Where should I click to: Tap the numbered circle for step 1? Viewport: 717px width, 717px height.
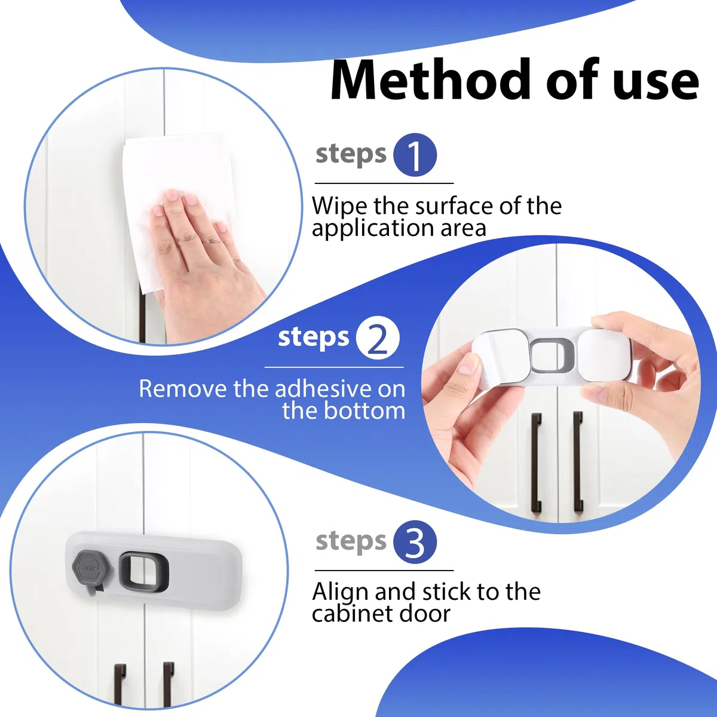pos(415,154)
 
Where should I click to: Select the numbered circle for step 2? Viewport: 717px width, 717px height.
pos(377,338)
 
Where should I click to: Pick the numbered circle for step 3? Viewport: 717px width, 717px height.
pos(415,542)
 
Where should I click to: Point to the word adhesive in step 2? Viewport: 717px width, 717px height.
pos(323,389)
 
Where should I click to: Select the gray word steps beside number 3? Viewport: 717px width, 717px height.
pos(351,541)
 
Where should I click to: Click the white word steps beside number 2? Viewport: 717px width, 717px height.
pos(314,337)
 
